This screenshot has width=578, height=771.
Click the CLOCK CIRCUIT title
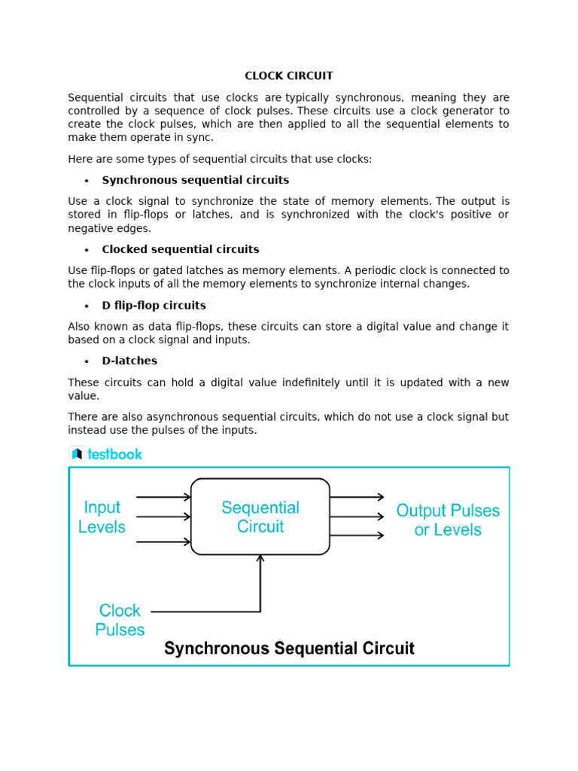289,76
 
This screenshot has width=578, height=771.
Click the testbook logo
106,454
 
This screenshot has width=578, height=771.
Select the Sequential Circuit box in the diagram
260,517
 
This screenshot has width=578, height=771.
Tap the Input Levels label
102,517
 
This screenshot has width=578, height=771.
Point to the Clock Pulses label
120,620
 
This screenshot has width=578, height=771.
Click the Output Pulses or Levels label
448,520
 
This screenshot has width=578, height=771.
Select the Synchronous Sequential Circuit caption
289,648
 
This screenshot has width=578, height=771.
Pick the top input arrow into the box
163,497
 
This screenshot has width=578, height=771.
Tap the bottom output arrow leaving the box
357,535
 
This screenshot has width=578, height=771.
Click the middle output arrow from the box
357,517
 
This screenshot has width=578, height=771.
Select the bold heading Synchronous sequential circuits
196,180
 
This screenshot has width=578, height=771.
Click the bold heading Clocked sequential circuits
181,249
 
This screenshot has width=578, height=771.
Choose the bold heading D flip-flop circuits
154,306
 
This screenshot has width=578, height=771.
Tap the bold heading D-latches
129,361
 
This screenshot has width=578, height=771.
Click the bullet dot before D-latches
87,361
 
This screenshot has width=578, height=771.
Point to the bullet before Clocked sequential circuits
87,250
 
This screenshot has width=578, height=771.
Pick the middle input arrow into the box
163,517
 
